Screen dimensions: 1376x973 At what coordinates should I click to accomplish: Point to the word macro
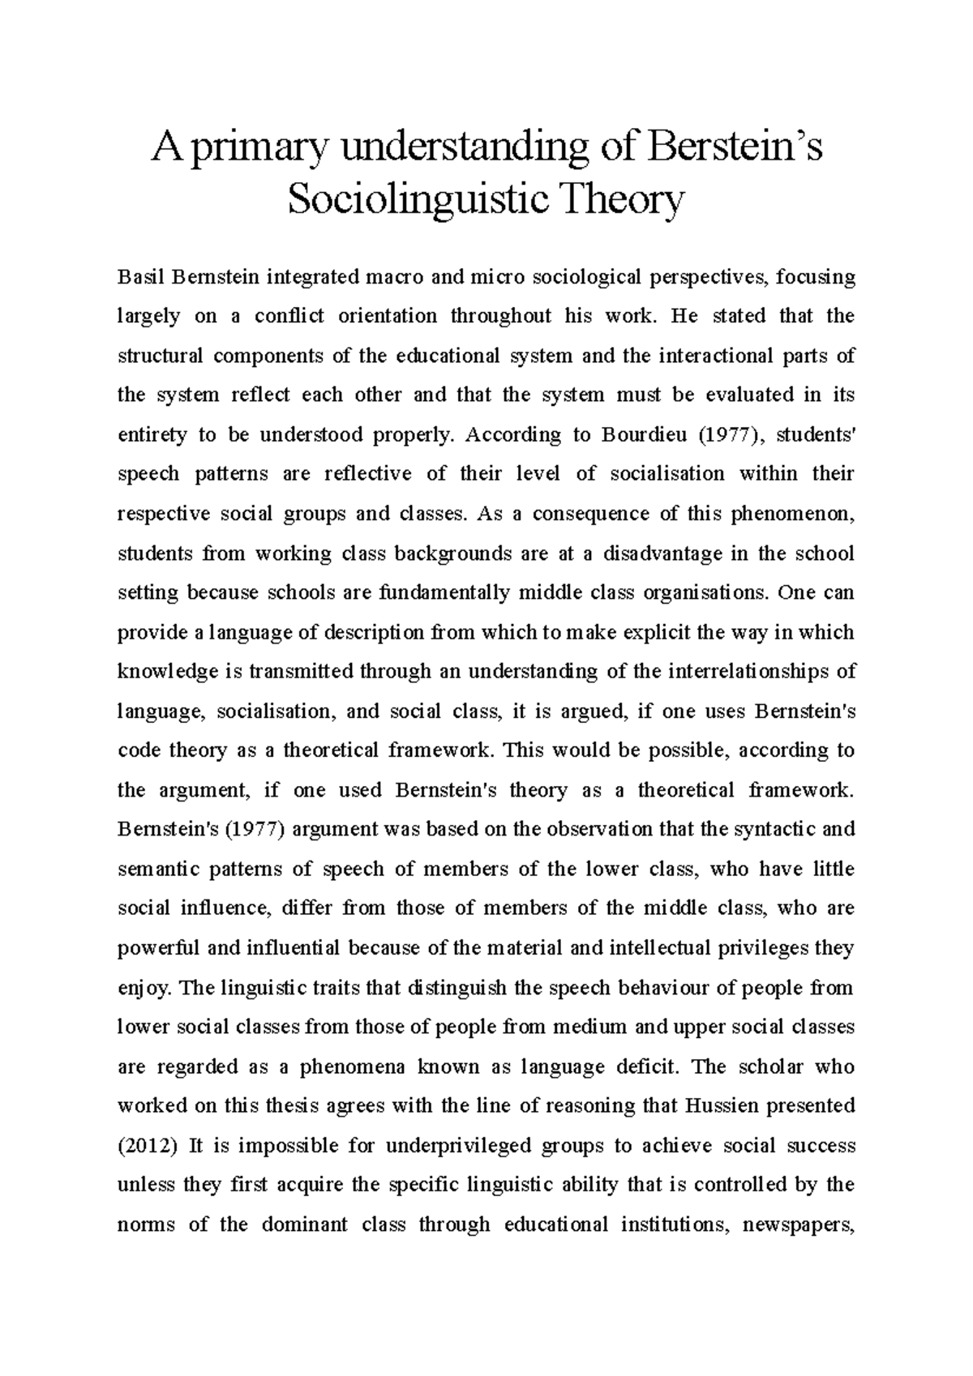click(x=387, y=277)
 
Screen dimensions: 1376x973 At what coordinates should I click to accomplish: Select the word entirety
click(x=151, y=435)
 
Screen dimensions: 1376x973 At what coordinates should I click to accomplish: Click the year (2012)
click(x=146, y=1145)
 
